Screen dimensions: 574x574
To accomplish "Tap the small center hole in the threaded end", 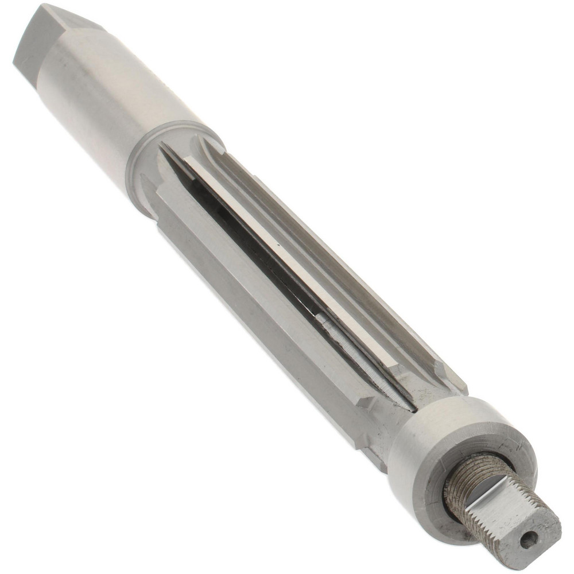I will [x=528, y=538].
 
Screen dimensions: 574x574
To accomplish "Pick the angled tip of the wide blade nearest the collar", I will [x=367, y=402].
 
